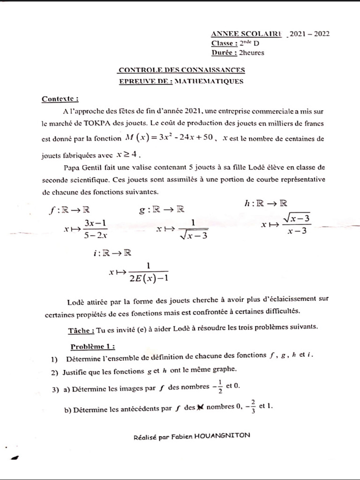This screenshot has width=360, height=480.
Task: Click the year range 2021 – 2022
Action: [309, 34]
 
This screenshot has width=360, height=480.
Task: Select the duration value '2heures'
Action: [251, 53]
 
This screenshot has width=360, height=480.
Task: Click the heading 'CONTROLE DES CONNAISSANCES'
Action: [181, 70]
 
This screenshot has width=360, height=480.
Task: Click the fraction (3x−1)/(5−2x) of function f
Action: [96, 230]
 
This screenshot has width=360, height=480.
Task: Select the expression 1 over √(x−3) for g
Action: [193, 229]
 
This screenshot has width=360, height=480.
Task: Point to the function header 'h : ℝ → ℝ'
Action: [266, 203]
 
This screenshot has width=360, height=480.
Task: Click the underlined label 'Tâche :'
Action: [81, 330]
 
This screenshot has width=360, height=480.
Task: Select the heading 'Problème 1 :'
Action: [92, 347]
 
